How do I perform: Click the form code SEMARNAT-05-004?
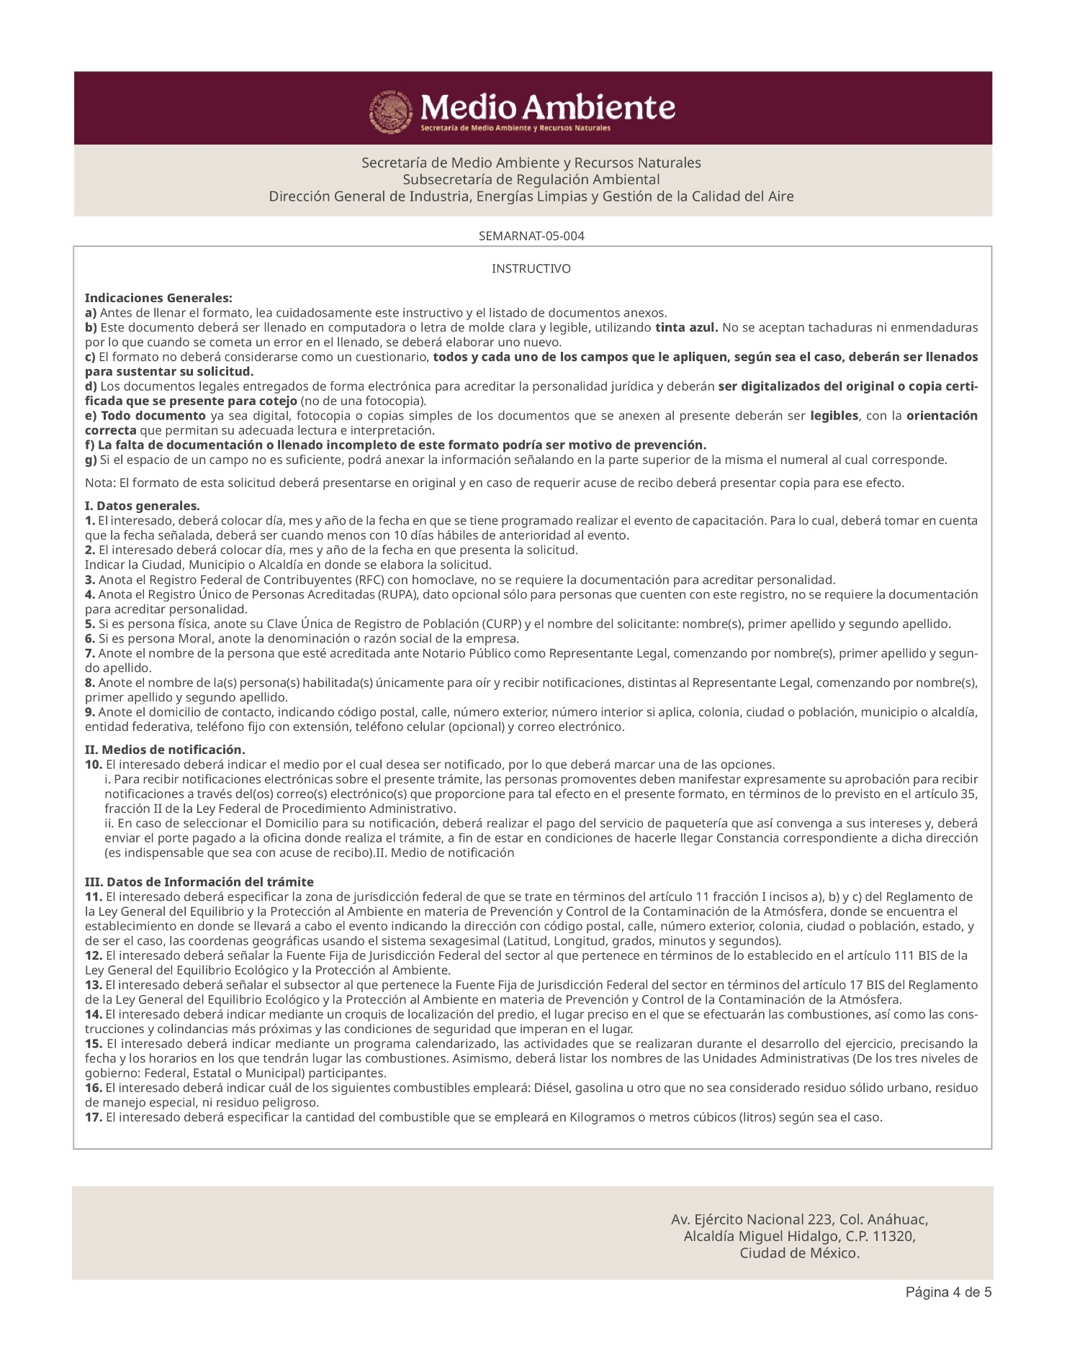coord(531,236)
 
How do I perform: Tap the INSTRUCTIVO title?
coord(531,269)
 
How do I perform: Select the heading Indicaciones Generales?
coord(158,298)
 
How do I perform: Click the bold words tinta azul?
coord(686,328)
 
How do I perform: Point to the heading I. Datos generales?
coord(142,506)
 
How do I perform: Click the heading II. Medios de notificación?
coord(165,750)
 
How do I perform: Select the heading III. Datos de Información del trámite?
coord(199,882)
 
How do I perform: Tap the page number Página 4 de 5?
coord(948,1292)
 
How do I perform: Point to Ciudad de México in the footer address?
coord(799,1253)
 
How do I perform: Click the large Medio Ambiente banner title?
coord(547,108)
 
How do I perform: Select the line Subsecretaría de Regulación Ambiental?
coord(531,179)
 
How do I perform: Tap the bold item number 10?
coord(94,765)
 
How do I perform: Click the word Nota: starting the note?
coord(100,483)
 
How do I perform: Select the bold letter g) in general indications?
coord(91,460)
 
